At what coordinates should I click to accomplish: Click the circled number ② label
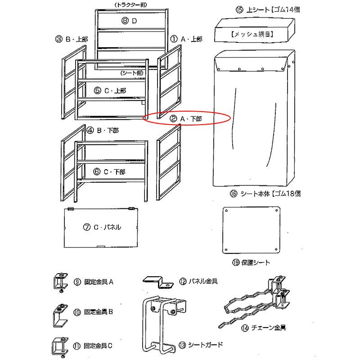click(173, 118)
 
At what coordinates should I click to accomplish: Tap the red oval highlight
click(187, 118)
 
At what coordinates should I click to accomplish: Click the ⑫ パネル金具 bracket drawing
click(158, 282)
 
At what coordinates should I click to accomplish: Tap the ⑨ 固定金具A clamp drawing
click(60, 282)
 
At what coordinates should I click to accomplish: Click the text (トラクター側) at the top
click(133, 4)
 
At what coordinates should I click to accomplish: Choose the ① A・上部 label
click(187, 39)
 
